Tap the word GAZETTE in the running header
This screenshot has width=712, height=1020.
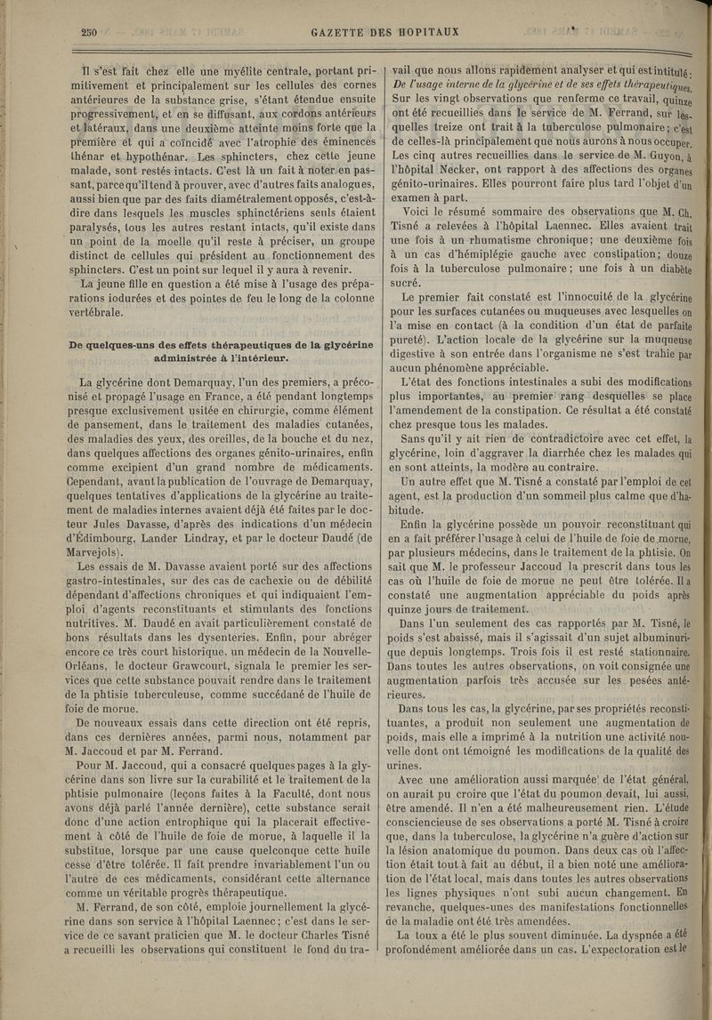344,34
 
